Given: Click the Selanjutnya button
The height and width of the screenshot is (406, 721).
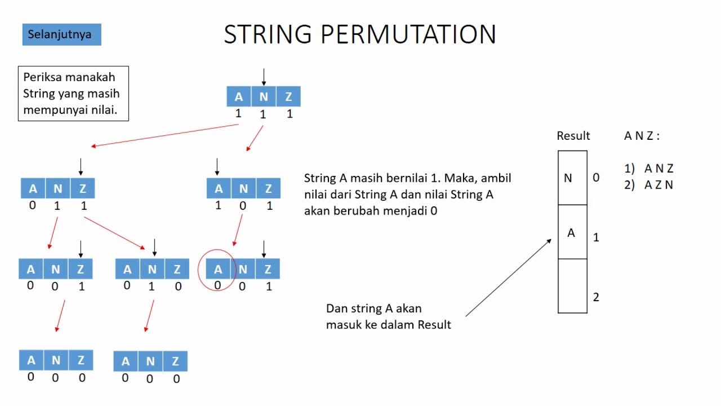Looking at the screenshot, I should [61, 34].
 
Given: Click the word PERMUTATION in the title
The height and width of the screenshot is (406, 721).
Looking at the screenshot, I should [408, 34].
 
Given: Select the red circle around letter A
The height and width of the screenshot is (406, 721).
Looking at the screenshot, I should [217, 270].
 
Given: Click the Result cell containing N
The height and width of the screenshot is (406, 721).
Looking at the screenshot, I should [572, 178].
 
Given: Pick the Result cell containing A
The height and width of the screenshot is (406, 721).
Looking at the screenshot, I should [572, 232].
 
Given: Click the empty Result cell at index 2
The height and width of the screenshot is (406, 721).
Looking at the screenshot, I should [572, 285].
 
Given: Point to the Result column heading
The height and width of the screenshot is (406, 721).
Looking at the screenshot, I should [573, 136].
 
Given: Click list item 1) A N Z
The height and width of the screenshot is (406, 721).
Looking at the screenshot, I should [649, 168].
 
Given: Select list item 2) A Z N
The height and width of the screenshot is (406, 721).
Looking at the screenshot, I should [649, 185].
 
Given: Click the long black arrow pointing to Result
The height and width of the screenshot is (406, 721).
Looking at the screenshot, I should [508, 277].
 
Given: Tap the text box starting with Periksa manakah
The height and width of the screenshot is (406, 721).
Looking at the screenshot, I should [73, 94].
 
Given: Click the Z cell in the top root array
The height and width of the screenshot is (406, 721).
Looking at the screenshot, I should [288, 96].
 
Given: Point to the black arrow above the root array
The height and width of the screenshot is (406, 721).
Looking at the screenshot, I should [264, 76].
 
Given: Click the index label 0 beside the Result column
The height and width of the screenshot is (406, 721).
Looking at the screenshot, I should [596, 178].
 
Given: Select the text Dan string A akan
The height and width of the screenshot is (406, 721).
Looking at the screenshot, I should [373, 308].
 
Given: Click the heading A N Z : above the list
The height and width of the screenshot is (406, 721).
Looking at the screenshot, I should [642, 136].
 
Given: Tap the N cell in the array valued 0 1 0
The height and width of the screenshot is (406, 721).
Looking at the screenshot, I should [152, 270].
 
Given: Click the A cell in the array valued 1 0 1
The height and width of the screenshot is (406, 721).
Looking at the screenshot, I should [219, 188].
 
